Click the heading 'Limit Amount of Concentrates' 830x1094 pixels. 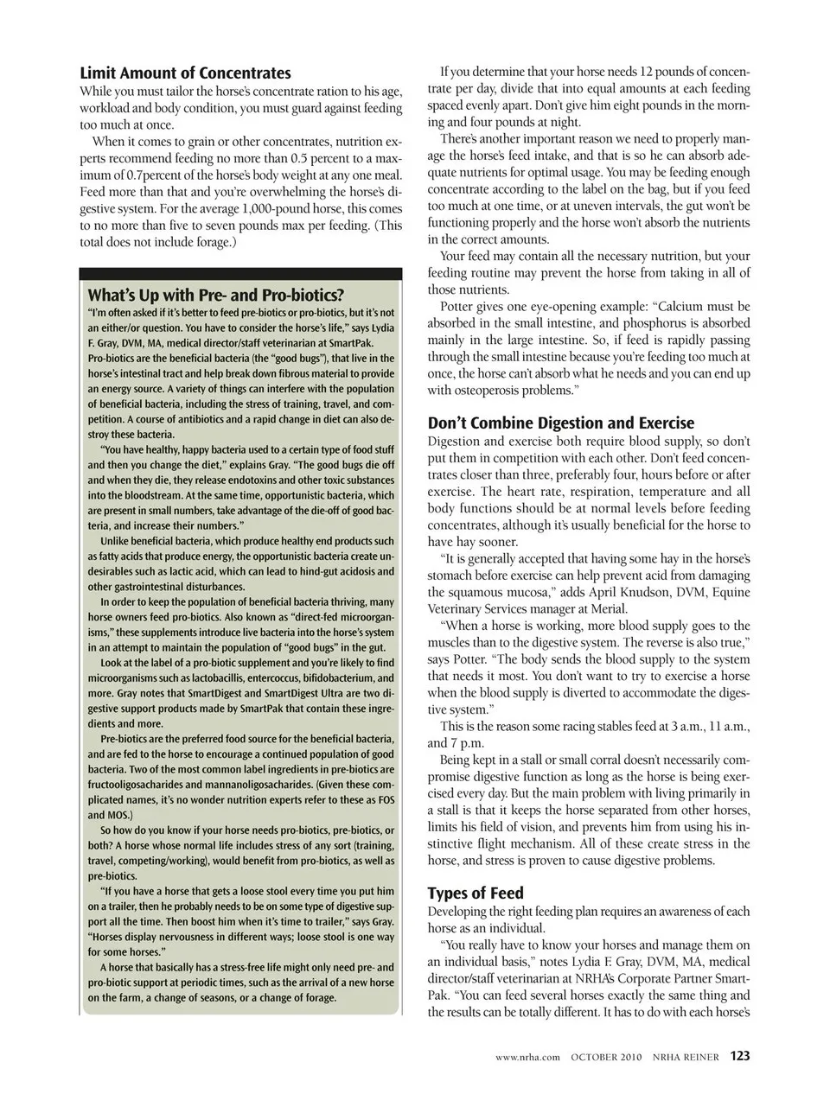click(185, 73)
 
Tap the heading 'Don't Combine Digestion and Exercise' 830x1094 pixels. click(560, 423)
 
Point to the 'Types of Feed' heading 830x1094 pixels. click(476, 893)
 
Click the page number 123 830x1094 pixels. click(739, 1056)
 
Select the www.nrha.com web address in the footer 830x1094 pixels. click(528, 1057)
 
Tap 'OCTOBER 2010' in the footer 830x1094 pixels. click(607, 1057)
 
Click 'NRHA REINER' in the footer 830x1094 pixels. click(686, 1057)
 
